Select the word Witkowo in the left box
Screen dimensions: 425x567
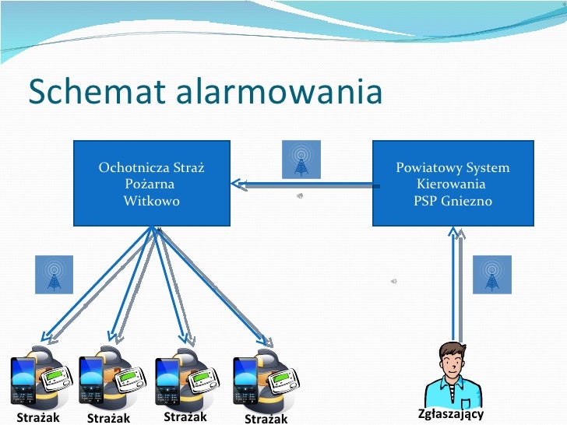click(151, 201)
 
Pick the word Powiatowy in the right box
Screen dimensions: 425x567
click(424, 167)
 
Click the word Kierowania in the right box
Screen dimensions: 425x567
click(451, 184)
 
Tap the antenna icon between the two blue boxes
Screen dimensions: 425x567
click(300, 160)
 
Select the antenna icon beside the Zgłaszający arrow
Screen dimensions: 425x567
click(491, 274)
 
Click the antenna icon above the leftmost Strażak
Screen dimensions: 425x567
click(54, 274)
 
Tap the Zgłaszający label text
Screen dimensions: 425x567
click(451, 413)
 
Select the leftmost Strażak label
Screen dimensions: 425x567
click(33, 417)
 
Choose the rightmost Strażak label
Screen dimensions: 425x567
click(266, 419)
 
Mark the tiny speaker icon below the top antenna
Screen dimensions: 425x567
click(300, 196)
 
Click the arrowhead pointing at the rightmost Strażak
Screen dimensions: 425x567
click(269, 341)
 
